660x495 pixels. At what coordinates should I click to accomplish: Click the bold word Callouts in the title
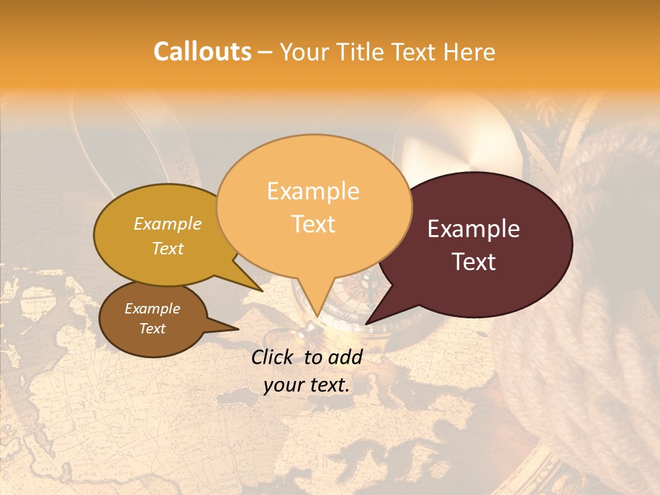202,52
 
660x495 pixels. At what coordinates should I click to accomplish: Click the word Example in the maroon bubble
474,229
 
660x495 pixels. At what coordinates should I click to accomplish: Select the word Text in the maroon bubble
474,262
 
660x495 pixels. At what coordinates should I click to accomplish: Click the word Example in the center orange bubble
313,191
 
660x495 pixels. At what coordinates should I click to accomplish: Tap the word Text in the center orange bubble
313,224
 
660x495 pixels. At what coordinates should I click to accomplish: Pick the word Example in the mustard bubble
168,224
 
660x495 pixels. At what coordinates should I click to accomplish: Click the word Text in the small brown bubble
153,329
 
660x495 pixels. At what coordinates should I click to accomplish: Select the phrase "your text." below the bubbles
307,385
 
